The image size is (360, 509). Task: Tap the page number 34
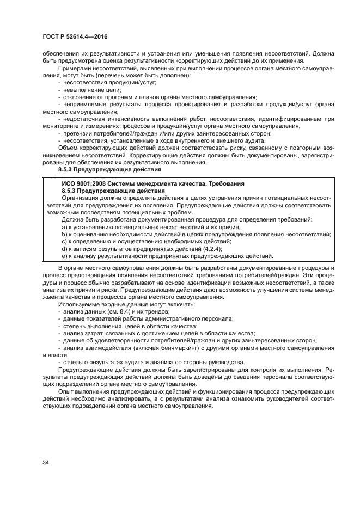coord(46,462)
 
